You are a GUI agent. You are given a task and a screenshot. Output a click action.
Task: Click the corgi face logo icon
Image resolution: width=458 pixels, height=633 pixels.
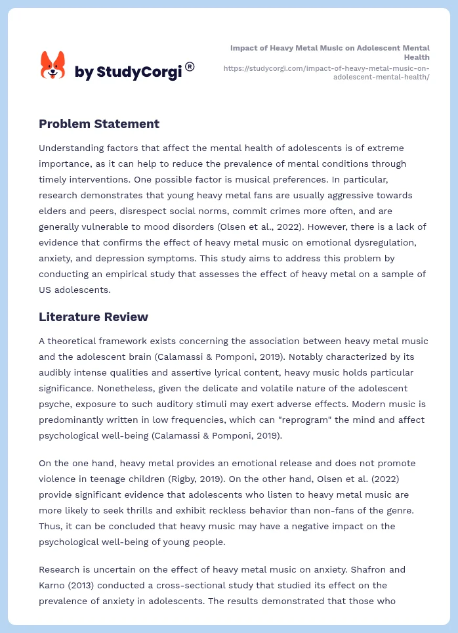[x=53, y=66]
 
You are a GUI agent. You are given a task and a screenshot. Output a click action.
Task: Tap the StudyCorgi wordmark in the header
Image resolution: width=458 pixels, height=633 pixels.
[x=129, y=72]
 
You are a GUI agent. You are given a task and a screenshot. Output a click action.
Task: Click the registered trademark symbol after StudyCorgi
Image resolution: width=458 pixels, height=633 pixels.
[x=190, y=66]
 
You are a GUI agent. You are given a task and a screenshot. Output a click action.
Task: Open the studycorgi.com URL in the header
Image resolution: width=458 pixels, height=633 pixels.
[x=326, y=72]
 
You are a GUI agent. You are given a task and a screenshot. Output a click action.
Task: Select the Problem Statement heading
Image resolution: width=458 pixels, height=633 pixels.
[x=99, y=123]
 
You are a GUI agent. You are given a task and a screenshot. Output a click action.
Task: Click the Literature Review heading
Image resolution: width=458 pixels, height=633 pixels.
[x=93, y=316]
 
